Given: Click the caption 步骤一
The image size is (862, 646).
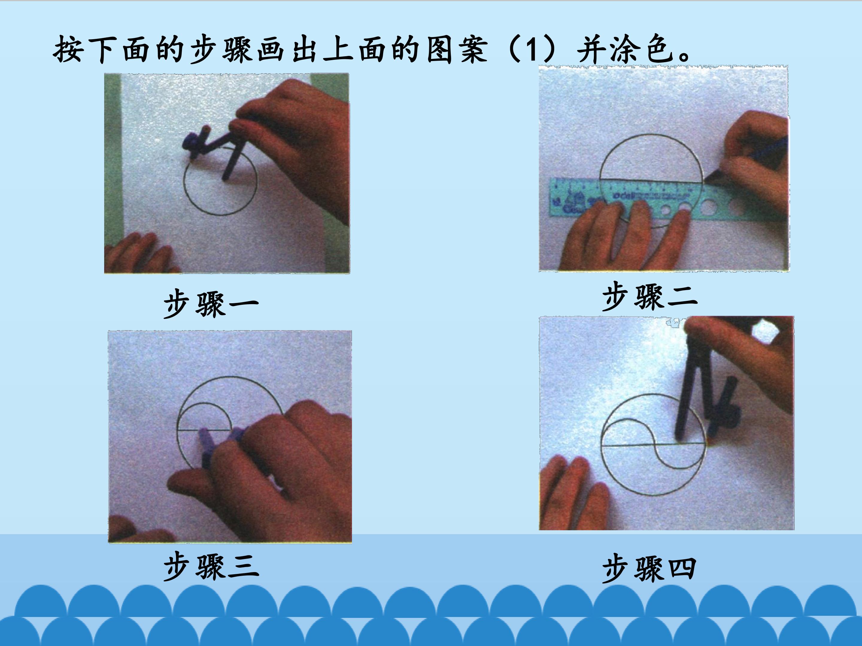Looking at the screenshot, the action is point(211,304).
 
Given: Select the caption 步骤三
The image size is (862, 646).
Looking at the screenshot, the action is point(211,566).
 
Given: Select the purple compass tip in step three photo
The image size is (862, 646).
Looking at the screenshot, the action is point(207,444).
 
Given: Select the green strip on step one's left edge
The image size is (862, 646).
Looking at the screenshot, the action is point(113,164).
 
